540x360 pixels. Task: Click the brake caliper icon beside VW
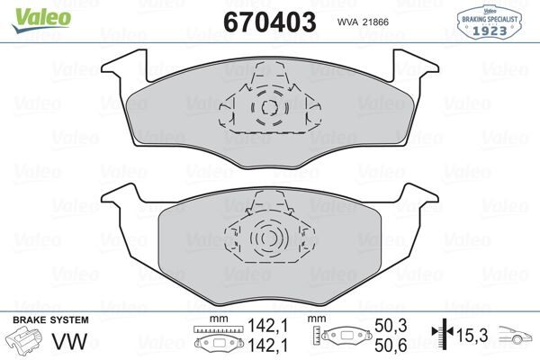coord(26,342)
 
